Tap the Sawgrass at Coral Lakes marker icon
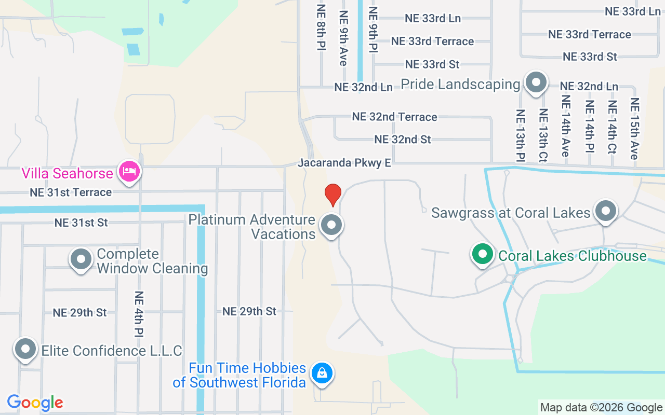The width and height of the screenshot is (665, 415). click(x=605, y=211)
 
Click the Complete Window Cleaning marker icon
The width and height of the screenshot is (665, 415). click(x=81, y=259)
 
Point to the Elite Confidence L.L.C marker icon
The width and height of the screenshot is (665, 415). click(x=25, y=349)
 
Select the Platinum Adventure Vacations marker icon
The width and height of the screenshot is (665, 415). click(x=331, y=226)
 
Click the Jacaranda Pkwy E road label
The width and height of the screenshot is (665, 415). click(x=344, y=163)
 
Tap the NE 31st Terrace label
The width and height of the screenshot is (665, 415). click(x=71, y=192)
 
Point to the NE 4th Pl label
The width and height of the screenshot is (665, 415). click(x=139, y=313)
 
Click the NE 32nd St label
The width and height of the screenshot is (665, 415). click(x=403, y=140)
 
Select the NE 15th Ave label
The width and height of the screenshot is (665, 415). click(x=634, y=128)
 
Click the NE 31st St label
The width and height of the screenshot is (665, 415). click(x=81, y=223)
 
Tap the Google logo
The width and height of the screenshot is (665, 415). click(x=35, y=403)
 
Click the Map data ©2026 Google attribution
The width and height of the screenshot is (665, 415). click(x=601, y=408)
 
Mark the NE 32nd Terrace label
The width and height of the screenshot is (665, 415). click(x=394, y=117)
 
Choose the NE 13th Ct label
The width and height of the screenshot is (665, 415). click(x=543, y=134)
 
